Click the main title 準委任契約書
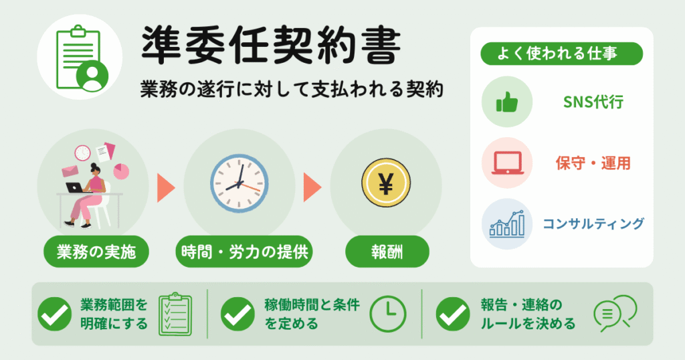[271, 46]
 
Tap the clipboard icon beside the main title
[82, 58]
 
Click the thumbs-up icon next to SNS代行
[507, 102]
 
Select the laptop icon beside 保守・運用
[507, 163]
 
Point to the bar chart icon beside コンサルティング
[507, 223]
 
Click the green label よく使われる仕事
[561, 54]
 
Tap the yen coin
[386, 183]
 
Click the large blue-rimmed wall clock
[239, 183]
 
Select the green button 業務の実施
[96, 252]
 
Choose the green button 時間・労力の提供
[244, 252]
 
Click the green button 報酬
[387, 252]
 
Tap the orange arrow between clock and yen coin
[312, 187]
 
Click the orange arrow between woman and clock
[166, 187]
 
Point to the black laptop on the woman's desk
[75, 187]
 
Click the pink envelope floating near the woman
[70, 171]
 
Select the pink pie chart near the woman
[121, 171]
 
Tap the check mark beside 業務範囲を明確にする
[55, 314]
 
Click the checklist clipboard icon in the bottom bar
[175, 314]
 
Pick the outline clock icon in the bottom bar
[388, 314]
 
